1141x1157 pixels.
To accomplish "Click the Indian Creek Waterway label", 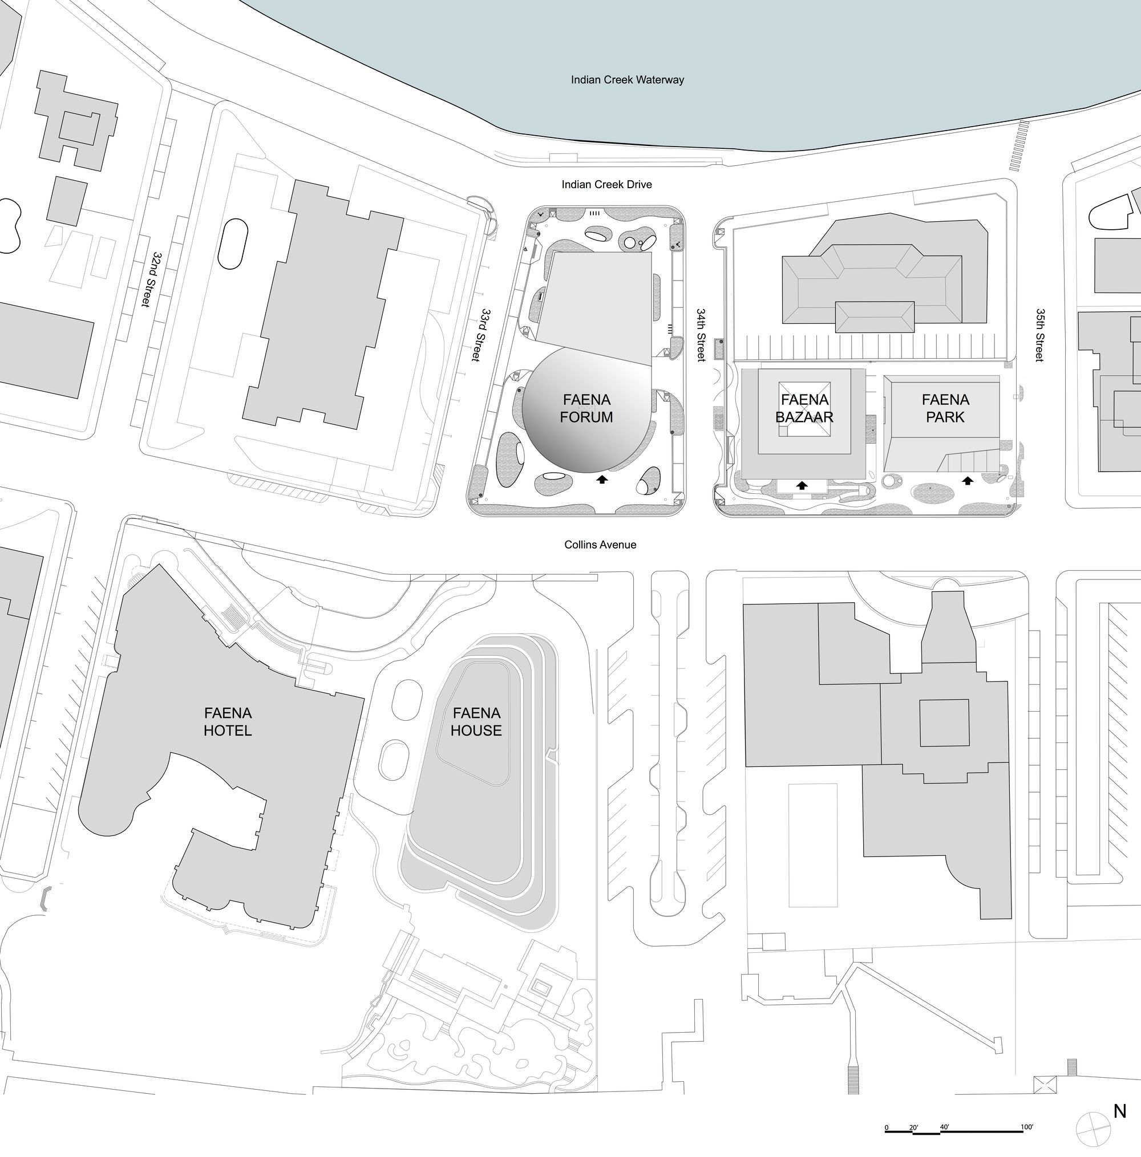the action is point(627,80).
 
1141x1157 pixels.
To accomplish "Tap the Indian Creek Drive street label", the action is point(606,184).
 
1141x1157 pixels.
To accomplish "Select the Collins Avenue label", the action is point(600,545).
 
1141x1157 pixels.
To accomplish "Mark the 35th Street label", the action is point(1039,335).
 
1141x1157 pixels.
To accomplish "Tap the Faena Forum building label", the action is point(586,408).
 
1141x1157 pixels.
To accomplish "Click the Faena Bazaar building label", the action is point(804,408).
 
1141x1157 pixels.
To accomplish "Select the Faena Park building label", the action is point(945,408).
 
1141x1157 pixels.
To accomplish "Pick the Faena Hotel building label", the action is point(228,721).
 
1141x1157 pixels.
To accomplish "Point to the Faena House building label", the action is point(476,721).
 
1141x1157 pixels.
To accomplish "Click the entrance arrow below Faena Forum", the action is point(602,479).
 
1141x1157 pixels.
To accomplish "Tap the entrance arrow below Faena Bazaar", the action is point(802,485).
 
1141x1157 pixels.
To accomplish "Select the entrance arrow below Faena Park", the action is point(967,480).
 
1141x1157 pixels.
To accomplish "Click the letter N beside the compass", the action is point(1119,1111).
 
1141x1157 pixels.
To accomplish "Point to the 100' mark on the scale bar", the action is point(1026,1127).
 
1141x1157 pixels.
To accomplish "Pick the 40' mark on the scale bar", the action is point(944,1127).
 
